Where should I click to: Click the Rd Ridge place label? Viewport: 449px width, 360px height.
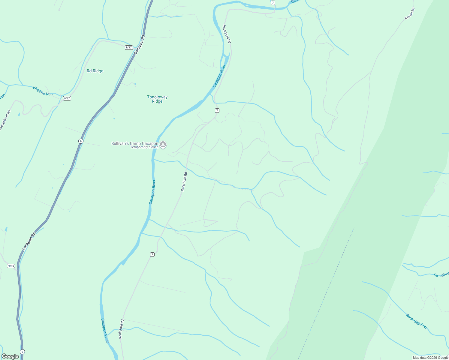95,71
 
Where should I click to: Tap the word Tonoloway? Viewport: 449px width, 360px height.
157,97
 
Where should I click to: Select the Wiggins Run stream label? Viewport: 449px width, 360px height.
43,91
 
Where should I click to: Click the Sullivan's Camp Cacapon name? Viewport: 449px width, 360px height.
134,143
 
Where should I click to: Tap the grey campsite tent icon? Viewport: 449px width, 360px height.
163,145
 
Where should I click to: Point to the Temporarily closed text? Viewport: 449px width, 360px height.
144,147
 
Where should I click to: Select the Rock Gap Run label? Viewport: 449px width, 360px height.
416,321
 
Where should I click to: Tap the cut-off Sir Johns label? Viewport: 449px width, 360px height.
441,274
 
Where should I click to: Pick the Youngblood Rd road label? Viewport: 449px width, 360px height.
5,120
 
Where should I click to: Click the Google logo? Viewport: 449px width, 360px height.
10,356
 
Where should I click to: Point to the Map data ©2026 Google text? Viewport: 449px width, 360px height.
430,358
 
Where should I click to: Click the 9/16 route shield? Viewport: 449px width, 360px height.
11,266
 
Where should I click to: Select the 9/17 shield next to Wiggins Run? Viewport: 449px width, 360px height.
67,98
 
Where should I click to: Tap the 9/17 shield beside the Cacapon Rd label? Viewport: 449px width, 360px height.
129,47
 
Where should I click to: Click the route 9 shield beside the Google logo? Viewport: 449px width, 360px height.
22,352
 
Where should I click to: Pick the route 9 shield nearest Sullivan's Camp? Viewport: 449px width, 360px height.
81,141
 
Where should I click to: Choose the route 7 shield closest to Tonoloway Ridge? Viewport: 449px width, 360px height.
217,110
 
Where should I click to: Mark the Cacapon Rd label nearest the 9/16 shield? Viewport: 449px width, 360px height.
29,241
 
